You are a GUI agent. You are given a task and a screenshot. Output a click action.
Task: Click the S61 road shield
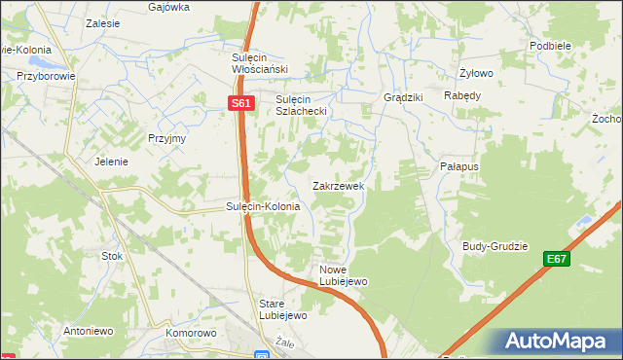pyautogui.click(x=242, y=103)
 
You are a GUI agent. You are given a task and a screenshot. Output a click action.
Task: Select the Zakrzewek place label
pyautogui.click(x=338, y=185)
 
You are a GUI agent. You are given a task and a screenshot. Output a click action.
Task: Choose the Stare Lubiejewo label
pyautogui.click(x=282, y=309)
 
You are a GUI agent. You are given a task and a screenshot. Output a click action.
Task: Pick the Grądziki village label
pyautogui.click(x=402, y=98)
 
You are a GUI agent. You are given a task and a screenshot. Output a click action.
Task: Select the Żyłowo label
pyautogui.click(x=477, y=73)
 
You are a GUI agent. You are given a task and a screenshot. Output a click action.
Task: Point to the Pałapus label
pyautogui.click(x=458, y=167)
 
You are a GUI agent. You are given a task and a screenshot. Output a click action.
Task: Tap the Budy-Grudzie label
pyautogui.click(x=495, y=246)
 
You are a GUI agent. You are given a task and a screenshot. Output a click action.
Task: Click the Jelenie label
pyautogui.click(x=111, y=162)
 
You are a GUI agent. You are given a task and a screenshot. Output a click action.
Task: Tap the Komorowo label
pyautogui.click(x=190, y=333)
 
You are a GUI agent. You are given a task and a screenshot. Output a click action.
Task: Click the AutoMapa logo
pyautogui.click(x=555, y=342)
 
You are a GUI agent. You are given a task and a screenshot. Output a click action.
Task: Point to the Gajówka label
pyautogui.click(x=168, y=6)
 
